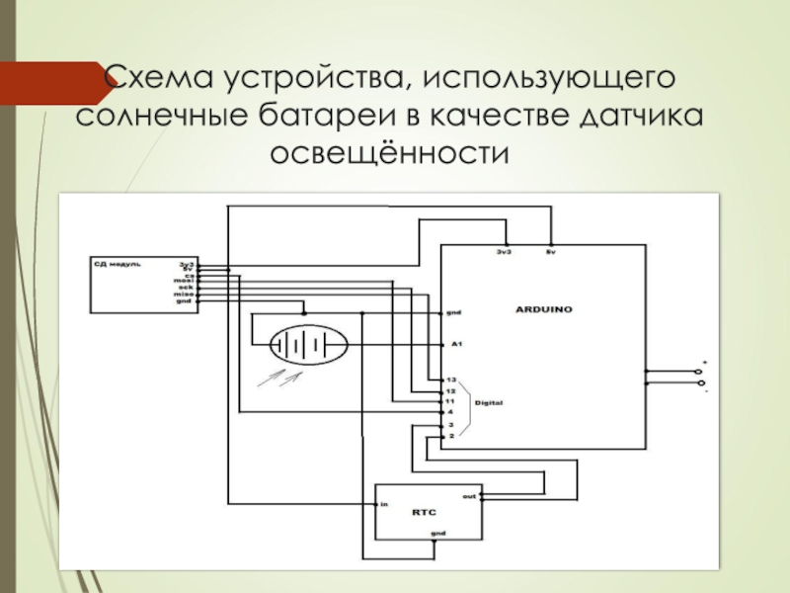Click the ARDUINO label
(x=544, y=309)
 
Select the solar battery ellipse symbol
(x=309, y=344)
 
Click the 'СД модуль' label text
(x=118, y=265)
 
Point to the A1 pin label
(x=456, y=344)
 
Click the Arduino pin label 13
(x=450, y=380)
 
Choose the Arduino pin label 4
(x=450, y=411)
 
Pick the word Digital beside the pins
(x=490, y=402)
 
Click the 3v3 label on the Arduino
(x=504, y=253)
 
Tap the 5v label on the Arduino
(x=551, y=253)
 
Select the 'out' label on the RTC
(x=468, y=495)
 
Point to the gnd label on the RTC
(x=438, y=534)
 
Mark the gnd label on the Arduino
(x=454, y=312)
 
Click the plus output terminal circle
(x=700, y=372)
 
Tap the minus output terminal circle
(x=700, y=382)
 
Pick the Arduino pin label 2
(x=450, y=435)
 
